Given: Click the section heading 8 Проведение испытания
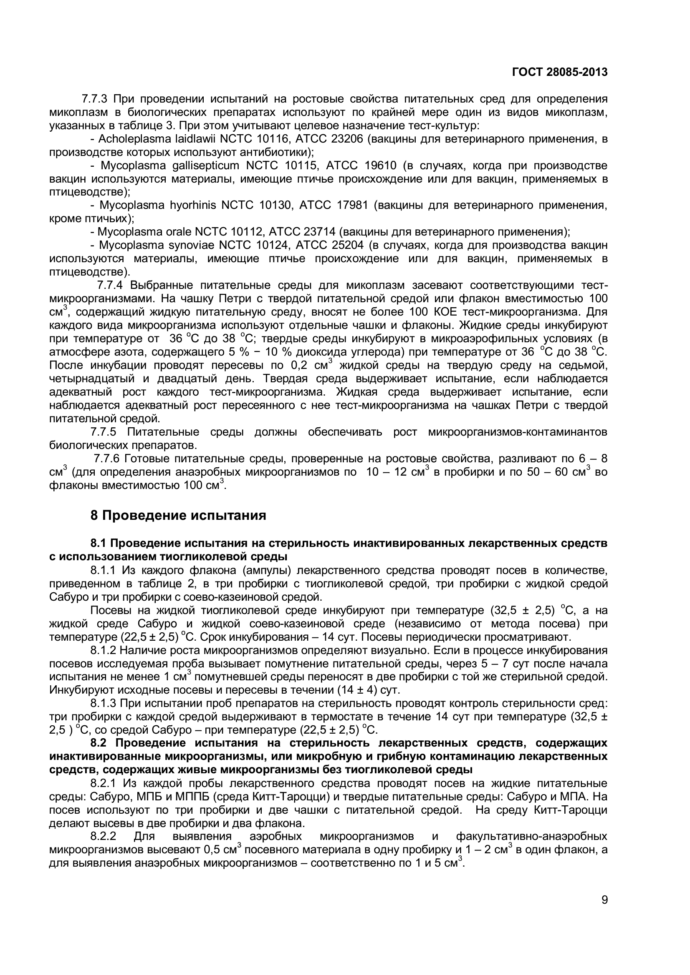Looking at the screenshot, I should pyautogui.click(x=178, y=516).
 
